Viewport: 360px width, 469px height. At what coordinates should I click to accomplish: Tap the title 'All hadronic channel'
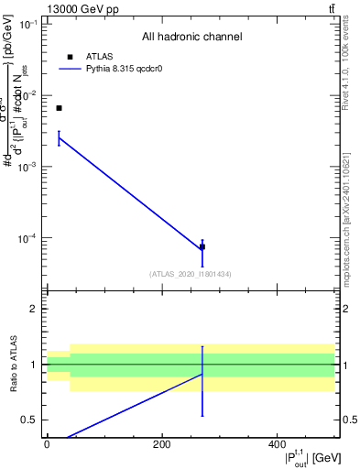coord(191,38)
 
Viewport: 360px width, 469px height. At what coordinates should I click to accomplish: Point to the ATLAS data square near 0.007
coord(59,108)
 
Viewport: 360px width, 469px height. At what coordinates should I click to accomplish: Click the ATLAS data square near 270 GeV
coord(202,247)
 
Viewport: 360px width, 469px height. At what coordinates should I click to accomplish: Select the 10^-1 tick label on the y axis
coord(29,24)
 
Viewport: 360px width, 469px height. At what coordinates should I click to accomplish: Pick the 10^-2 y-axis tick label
coord(29,95)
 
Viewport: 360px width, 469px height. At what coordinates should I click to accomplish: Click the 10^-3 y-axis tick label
coord(29,167)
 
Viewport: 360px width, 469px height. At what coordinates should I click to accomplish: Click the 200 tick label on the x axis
coord(161,444)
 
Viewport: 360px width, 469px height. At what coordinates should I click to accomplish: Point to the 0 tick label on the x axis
coord(47,444)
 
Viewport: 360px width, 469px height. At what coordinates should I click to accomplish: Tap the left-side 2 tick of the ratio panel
coord(34,310)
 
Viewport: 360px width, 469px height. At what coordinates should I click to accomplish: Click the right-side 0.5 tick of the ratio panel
coord(348,420)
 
